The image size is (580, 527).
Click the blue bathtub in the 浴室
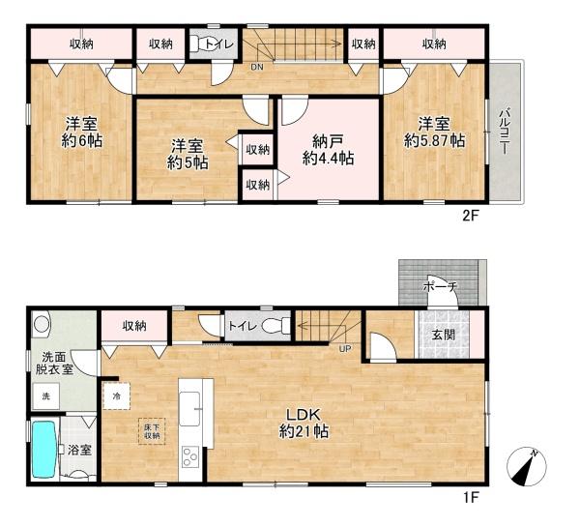tap(44, 450)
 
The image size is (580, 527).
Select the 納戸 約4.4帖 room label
tap(329, 150)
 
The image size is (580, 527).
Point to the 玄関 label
tap(443, 335)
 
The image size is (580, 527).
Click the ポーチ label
tap(440, 286)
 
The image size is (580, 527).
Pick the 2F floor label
tap(471, 216)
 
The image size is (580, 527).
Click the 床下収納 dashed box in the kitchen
tap(152, 431)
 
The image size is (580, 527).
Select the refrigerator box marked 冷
tap(117, 396)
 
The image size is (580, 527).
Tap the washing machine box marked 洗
tap(45, 396)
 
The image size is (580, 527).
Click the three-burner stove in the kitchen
tap(190, 456)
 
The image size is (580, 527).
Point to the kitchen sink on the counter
tap(189, 409)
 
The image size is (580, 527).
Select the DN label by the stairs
tap(257, 67)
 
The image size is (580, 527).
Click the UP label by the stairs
tap(345, 349)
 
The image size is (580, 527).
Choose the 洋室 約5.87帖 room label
tap(434, 132)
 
